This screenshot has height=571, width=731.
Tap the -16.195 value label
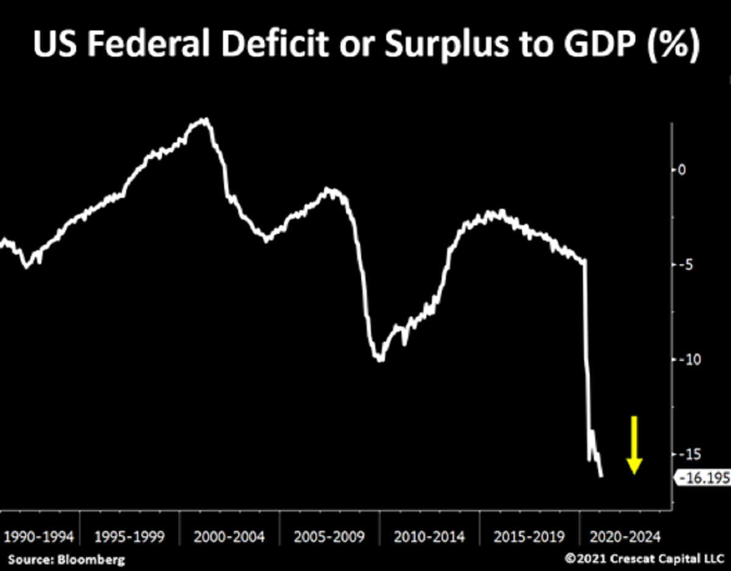[x=705, y=478]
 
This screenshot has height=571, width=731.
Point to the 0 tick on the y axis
[x=682, y=170]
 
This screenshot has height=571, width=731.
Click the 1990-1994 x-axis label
[x=38, y=537]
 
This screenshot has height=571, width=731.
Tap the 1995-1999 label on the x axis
[x=129, y=537]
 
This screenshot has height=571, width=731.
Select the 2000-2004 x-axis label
[x=230, y=537]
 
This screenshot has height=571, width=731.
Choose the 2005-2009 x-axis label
[x=329, y=537]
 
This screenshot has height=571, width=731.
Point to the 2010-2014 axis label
[x=429, y=537]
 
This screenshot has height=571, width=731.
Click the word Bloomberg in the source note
[x=91, y=559]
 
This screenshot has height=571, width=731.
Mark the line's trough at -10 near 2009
[x=380, y=359]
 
